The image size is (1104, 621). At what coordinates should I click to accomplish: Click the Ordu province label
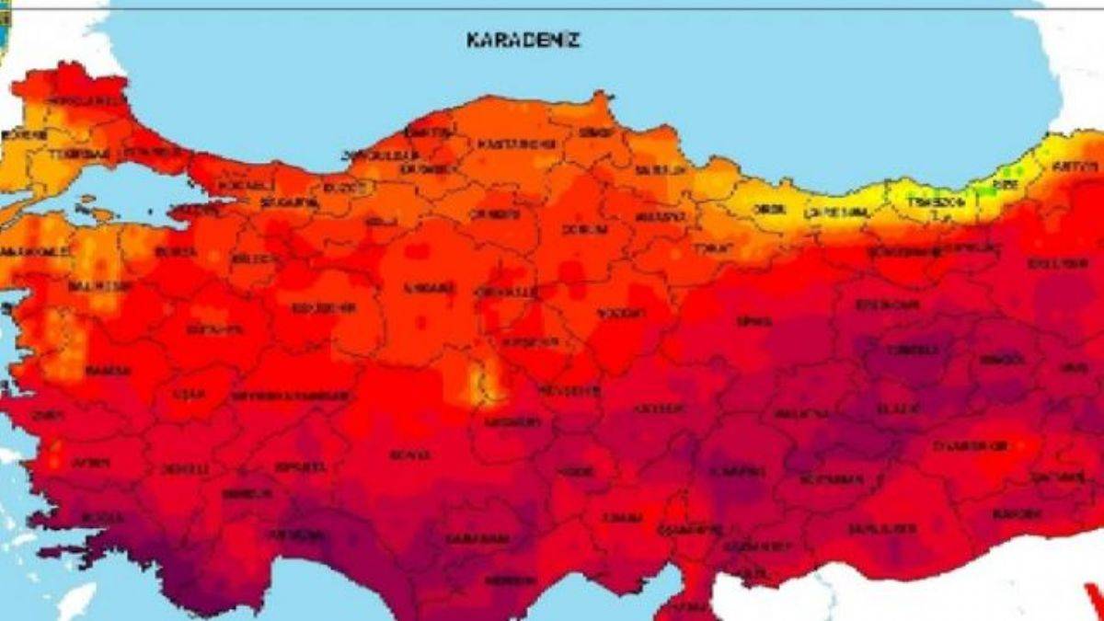[x=770, y=209]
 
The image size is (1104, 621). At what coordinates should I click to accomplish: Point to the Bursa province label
[x=177, y=250]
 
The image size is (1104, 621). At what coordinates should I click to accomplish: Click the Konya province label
[x=409, y=454]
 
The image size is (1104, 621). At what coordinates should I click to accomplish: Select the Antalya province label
[x=287, y=534]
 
